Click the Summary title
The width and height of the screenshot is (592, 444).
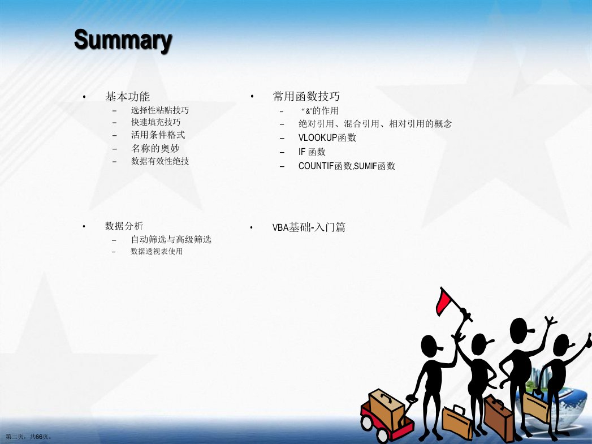(x=123, y=41)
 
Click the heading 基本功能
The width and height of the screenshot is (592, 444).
(x=128, y=97)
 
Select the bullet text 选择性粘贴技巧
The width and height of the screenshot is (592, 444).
(x=159, y=110)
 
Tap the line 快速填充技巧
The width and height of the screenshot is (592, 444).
(x=156, y=122)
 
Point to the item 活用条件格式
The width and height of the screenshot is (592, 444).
(x=158, y=135)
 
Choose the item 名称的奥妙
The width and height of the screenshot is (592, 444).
(x=155, y=148)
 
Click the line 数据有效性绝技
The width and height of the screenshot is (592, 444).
(x=159, y=161)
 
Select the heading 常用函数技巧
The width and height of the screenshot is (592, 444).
(x=306, y=96)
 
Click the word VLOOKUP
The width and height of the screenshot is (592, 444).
(x=318, y=137)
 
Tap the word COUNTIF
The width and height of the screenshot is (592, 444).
(x=316, y=166)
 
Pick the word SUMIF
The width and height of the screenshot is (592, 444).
(x=365, y=166)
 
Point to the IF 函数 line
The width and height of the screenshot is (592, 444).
(x=312, y=152)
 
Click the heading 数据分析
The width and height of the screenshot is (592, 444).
(x=124, y=226)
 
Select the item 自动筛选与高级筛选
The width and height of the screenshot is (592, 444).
(x=171, y=239)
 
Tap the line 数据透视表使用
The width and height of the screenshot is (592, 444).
(x=157, y=252)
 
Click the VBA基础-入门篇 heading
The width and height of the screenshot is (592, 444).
(x=309, y=227)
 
